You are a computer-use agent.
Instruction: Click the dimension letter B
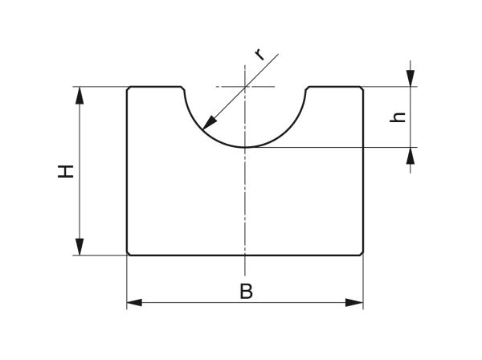(246, 291)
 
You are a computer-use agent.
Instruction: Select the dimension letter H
(66, 171)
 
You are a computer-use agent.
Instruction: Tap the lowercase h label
(398, 117)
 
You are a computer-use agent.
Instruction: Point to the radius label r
(260, 54)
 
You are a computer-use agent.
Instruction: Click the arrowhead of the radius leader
(210, 122)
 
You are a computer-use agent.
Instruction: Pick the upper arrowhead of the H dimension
(80, 95)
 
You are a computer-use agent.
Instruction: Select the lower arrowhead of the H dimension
(80, 247)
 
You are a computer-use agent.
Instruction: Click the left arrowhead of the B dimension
(134, 302)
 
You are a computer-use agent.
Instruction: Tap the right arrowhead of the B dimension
(355, 302)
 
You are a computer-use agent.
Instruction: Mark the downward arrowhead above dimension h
(411, 79)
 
